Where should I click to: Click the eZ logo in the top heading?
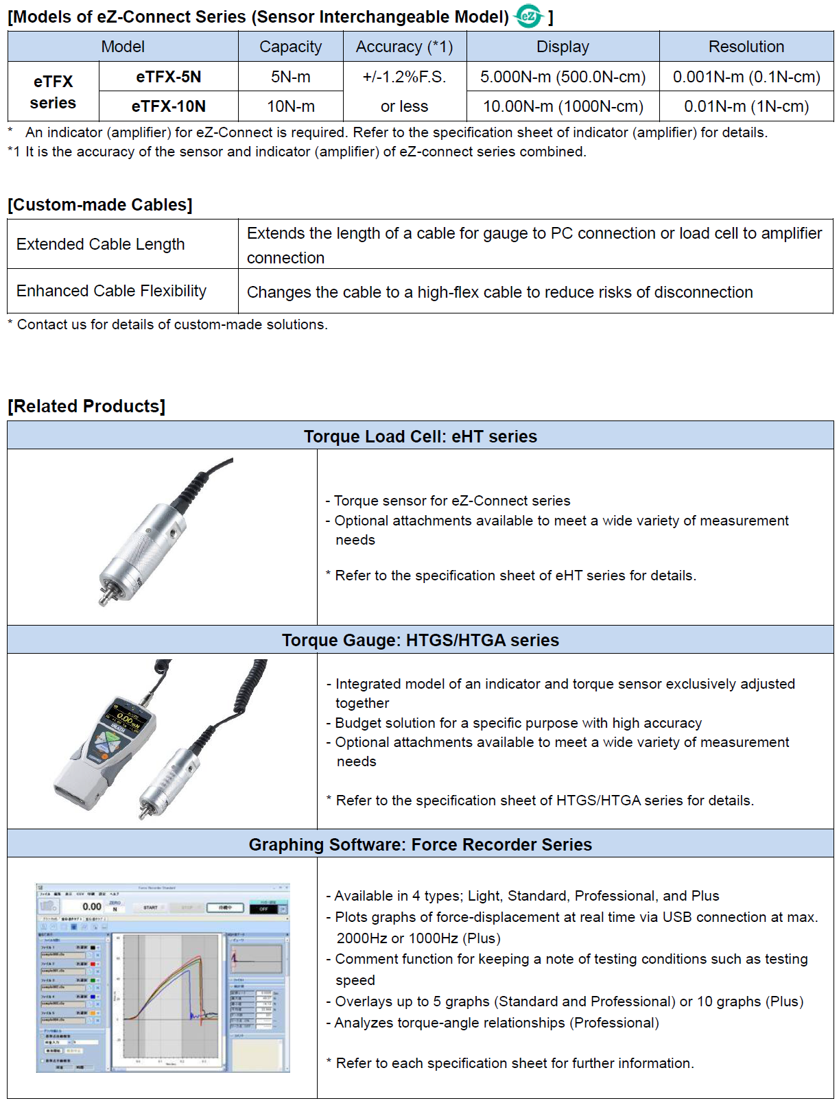[x=528, y=16]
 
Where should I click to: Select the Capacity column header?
[x=290, y=47]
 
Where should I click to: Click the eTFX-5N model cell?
[x=168, y=77]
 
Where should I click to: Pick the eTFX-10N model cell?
[x=168, y=106]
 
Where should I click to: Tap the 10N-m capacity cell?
[x=290, y=106]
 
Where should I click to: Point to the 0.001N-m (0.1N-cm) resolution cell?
[x=746, y=77]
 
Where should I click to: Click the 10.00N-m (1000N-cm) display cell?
[x=563, y=106]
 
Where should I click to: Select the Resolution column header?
[x=746, y=47]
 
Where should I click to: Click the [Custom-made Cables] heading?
[x=100, y=204]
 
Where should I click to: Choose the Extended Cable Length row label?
[x=101, y=244]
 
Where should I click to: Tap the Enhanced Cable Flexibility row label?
[x=111, y=291]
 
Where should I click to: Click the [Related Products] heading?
[x=86, y=406]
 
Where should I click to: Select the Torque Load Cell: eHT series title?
[x=421, y=436]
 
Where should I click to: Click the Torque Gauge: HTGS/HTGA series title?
[x=421, y=640]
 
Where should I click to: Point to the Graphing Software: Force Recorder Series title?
[x=421, y=844]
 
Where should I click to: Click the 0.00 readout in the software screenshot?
[x=92, y=907]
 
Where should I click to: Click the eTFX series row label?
[x=53, y=92]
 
